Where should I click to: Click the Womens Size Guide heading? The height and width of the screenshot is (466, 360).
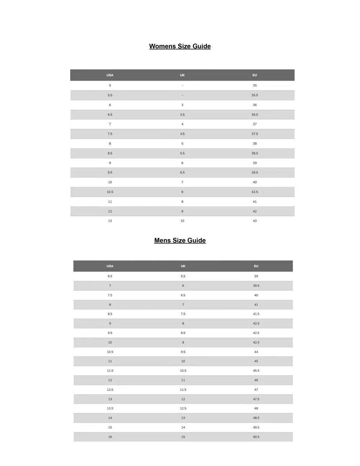coord(180,46)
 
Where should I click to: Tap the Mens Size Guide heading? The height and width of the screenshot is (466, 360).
coord(180,240)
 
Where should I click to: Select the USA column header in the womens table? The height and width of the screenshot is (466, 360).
coord(110,75)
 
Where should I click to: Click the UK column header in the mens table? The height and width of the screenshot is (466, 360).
coord(183,266)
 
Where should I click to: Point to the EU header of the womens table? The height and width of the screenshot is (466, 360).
coord(255,75)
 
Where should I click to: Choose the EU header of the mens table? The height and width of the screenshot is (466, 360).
coord(256,266)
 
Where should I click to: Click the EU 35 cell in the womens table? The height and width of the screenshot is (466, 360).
coord(255,85)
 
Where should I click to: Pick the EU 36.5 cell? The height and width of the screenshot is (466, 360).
coord(255,115)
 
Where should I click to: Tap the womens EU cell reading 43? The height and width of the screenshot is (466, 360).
coord(255,221)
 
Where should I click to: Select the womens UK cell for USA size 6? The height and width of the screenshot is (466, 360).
coord(182,105)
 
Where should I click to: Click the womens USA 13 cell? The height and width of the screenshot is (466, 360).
coord(110,221)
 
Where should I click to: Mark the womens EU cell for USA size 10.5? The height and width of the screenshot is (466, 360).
coord(255,192)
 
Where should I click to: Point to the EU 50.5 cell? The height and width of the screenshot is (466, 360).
coord(256,437)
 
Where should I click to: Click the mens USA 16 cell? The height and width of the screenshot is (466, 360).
coord(110,437)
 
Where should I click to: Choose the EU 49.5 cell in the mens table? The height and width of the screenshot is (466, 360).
coord(256,427)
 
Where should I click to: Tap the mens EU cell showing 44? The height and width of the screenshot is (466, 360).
coord(256,352)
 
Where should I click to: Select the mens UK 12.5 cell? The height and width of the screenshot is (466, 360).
coord(183,408)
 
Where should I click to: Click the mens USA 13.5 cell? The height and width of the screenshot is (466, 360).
coord(110,408)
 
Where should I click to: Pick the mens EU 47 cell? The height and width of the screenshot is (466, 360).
coord(256,390)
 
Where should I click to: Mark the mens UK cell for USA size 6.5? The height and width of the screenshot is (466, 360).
coord(183,276)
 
